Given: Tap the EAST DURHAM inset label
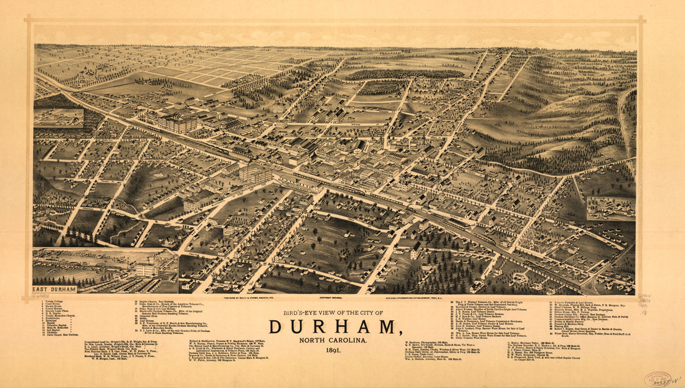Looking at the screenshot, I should tap(55, 289).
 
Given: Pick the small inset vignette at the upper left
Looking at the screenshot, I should tap(59, 118).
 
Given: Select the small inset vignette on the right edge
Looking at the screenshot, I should tap(610, 209).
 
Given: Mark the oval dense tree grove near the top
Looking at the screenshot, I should tap(405, 74).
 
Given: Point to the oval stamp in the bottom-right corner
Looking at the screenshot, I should tap(658, 379).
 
